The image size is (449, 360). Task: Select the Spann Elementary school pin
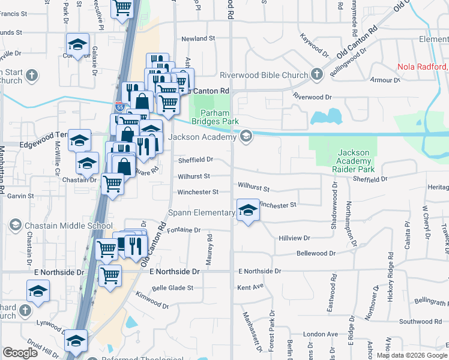tap(246, 211)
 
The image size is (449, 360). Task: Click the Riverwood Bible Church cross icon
tap(317, 75)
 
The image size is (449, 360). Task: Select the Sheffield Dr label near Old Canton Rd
tap(195, 160)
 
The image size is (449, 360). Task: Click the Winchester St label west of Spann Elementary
tap(197, 192)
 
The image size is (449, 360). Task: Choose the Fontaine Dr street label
tap(184, 230)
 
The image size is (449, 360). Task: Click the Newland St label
tap(199, 38)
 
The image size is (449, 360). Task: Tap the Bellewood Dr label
tap(315, 253)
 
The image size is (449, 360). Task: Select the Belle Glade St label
tap(173, 288)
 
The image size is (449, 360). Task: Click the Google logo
tap(20, 353)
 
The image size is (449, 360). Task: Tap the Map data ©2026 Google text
tap(411, 355)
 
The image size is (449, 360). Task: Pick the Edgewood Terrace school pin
tap(79, 140)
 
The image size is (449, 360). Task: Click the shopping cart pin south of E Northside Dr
tap(110, 276)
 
